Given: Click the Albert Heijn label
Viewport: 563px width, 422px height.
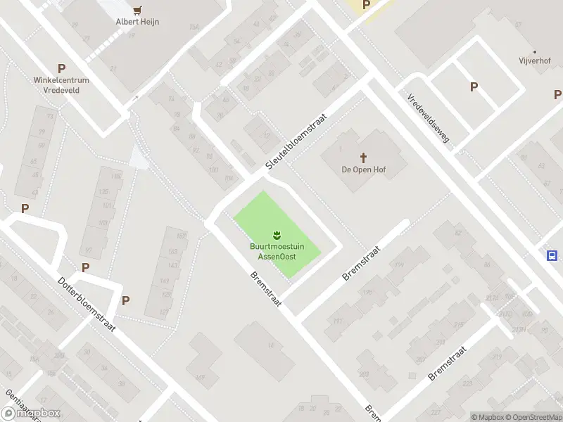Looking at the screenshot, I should point(137,22).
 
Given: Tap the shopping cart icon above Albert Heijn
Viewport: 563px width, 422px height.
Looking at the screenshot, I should point(138,10).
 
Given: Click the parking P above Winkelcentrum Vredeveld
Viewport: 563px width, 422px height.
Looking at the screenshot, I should point(62,69).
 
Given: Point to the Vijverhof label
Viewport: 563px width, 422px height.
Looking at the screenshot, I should point(534,62).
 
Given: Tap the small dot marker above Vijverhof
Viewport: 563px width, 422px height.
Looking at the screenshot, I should point(535,51).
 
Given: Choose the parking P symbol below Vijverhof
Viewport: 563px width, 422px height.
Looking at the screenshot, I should point(474,87).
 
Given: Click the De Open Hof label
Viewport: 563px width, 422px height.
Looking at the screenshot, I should point(364,169).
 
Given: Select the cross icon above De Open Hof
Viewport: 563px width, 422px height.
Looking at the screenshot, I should point(364,157).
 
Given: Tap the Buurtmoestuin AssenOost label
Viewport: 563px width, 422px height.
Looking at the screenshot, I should point(276,251).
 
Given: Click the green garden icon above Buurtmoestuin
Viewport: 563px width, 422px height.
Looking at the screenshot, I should point(277,234).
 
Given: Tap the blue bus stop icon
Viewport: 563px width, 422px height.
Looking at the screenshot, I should point(552,256).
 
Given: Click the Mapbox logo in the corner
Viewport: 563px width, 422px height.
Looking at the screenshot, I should point(31,414).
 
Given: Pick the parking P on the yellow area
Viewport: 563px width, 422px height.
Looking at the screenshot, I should point(366,5).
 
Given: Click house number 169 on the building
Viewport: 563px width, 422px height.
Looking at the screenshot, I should point(200,378).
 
